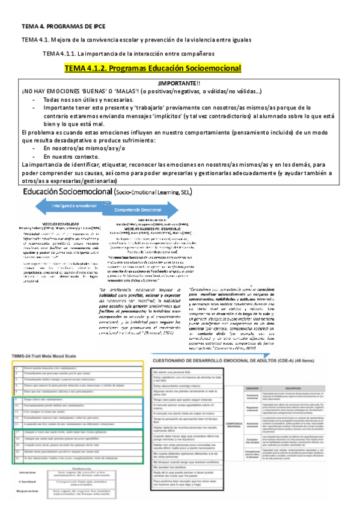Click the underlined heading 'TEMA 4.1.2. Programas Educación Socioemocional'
point(153,69)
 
